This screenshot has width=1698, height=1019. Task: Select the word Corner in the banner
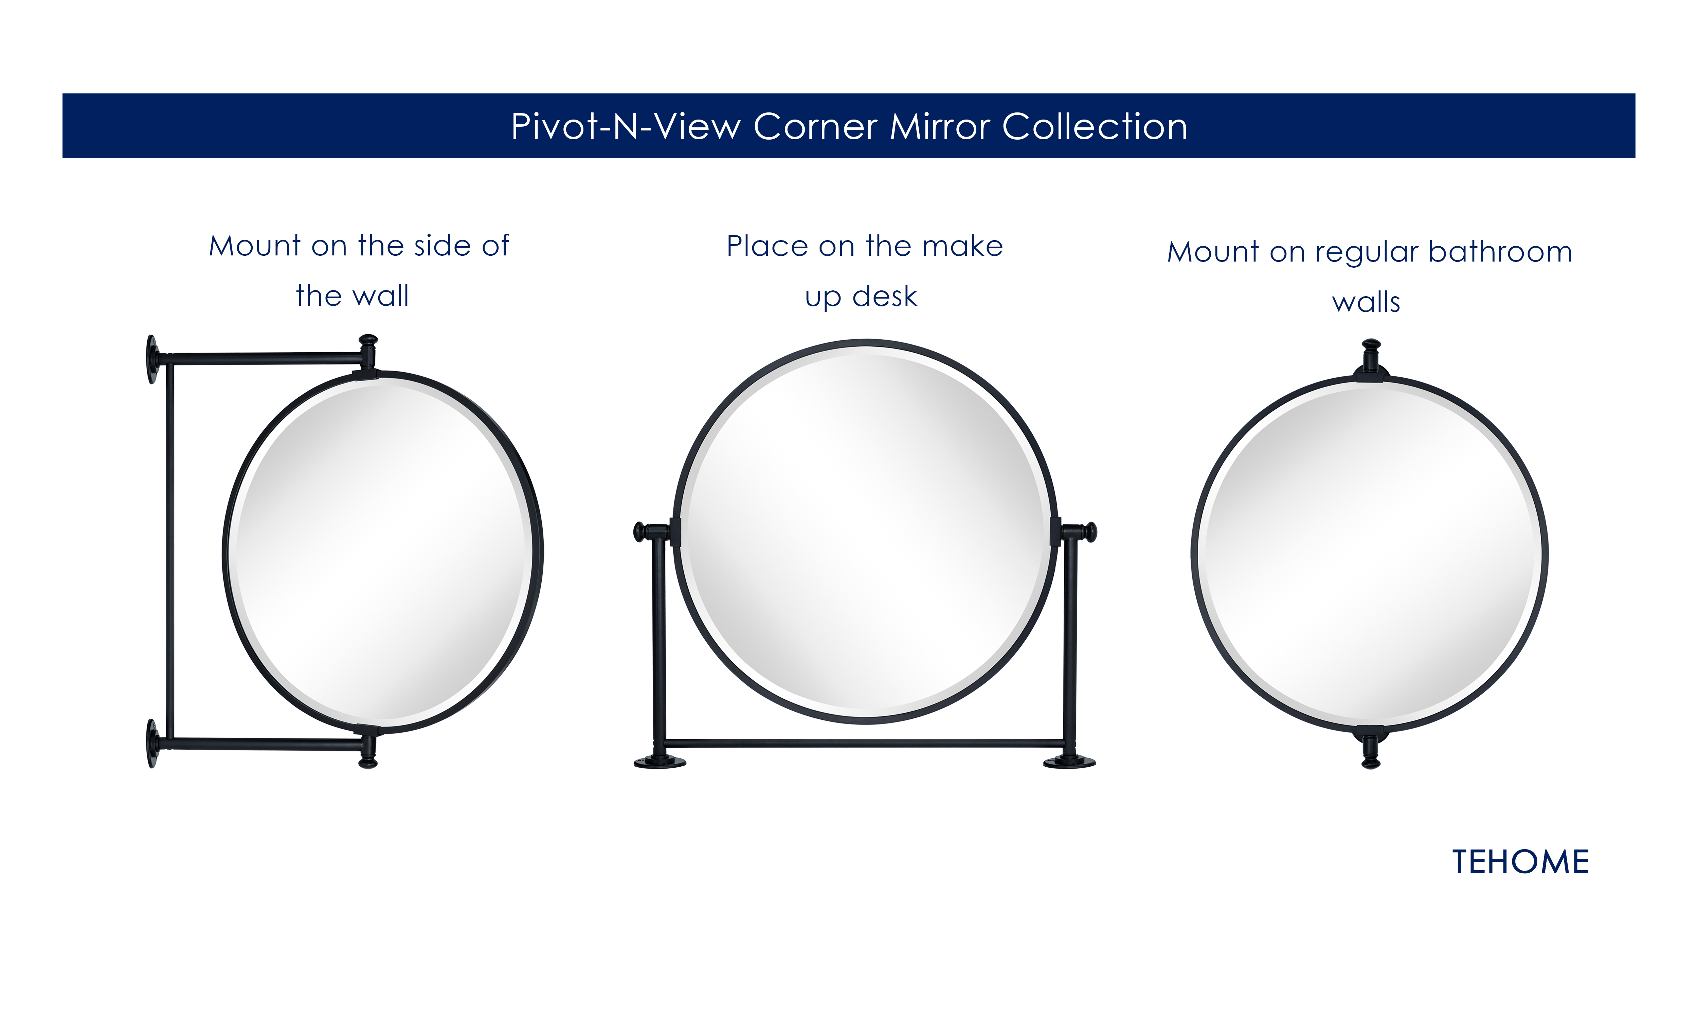[815, 127]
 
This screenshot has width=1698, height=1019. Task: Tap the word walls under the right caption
[1366, 302]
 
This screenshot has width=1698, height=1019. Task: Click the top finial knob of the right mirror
[1371, 345]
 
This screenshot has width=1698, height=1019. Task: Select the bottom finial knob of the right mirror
[1371, 762]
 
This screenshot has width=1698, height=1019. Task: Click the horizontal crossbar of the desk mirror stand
[865, 743]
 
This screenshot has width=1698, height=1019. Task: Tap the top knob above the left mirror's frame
[368, 341]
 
